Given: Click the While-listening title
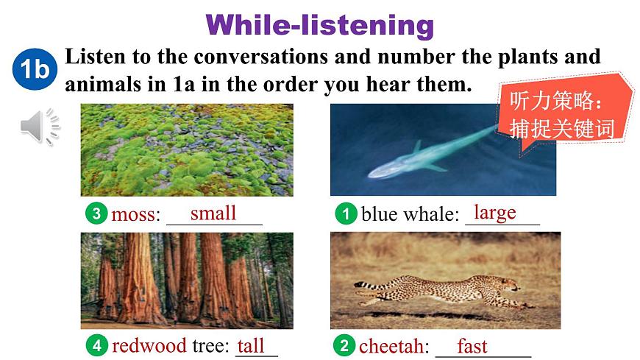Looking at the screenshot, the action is coord(319,25).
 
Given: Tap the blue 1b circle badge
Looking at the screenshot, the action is coord(35,69).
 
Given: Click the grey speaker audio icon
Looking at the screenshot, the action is coord(40,127).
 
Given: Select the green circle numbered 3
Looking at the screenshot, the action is coord(96,213).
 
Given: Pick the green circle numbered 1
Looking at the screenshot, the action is coord(346,213).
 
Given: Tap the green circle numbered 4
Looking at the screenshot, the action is coord(96,345).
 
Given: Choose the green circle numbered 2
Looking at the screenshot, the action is coord(344,345).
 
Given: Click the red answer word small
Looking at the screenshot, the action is coord(213,213).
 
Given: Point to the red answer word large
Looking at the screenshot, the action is coord(494,213).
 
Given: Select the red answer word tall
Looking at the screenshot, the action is coord(251,346).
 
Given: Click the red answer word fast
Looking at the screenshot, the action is coord(472,346).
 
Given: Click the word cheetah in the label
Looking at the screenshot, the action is coord(391,347).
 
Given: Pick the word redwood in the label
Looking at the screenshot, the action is coord(149,346).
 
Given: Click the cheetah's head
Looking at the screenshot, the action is coord(511,285).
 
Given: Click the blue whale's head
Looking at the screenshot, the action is coord(382,172).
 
